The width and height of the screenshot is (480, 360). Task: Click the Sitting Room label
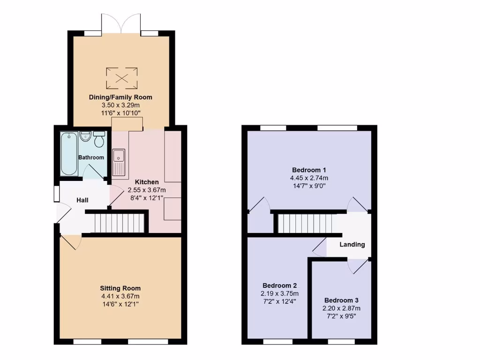[x=120, y=288]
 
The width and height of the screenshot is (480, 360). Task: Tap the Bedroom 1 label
[x=309, y=170]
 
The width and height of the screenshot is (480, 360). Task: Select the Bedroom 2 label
[x=279, y=285]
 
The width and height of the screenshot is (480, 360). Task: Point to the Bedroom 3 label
[x=341, y=300]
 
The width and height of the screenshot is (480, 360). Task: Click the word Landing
[x=352, y=244]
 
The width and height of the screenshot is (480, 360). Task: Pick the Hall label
[x=82, y=200]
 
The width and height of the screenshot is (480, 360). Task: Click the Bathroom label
[x=91, y=157]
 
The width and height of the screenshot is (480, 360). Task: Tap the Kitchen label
[x=147, y=182]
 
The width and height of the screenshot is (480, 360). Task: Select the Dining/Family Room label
[x=120, y=97]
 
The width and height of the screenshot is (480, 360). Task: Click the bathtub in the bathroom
[x=69, y=153]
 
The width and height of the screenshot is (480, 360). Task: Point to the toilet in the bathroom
[x=99, y=140]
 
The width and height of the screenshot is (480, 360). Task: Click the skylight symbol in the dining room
[x=122, y=78]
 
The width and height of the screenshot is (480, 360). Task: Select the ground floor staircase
[x=119, y=223]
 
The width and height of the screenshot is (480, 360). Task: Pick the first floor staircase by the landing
[x=304, y=224]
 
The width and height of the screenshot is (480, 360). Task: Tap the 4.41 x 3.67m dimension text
[x=120, y=296]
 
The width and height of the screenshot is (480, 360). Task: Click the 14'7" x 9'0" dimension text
[x=309, y=186]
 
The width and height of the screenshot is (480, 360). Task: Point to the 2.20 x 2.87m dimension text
[x=341, y=308]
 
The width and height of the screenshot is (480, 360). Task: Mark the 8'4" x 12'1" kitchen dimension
[x=147, y=198]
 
